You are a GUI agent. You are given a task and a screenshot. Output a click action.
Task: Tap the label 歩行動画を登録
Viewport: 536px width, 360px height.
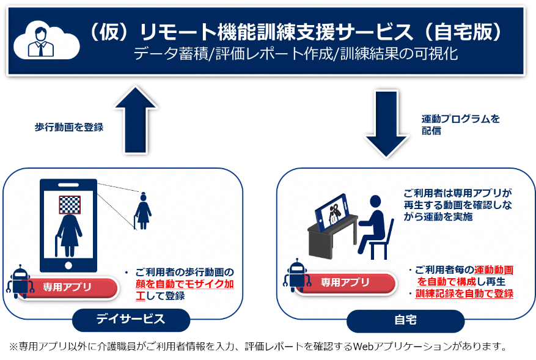68,127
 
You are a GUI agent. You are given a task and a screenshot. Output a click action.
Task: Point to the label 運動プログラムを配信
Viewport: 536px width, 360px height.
460,124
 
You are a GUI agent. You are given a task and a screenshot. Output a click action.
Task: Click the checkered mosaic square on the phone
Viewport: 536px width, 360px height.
70,204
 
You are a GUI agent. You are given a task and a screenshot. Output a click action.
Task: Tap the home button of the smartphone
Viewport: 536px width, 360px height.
68,265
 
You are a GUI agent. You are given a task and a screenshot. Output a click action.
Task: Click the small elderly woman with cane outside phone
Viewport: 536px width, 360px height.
143,211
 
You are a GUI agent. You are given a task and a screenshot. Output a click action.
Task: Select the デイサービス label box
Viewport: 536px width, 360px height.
131,319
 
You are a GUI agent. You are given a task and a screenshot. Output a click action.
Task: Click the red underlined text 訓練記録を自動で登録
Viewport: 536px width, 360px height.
464,293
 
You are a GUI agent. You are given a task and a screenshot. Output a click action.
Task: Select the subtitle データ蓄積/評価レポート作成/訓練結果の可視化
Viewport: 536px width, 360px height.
296,54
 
